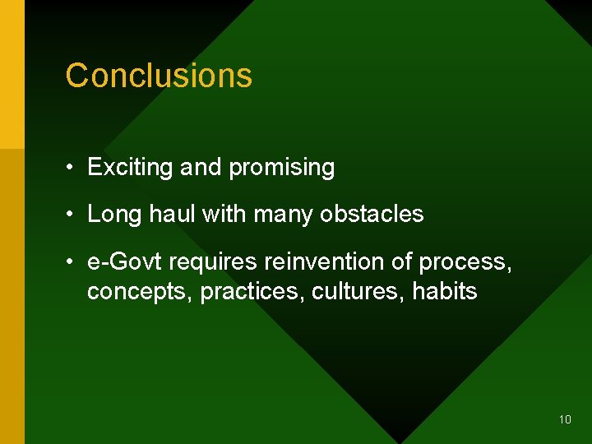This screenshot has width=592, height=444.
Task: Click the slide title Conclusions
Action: (x=159, y=76)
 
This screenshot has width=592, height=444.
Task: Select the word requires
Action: (x=212, y=262)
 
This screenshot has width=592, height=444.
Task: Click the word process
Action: (x=465, y=262)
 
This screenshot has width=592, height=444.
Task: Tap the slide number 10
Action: (x=565, y=419)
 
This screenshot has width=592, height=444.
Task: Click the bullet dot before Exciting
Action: (x=72, y=169)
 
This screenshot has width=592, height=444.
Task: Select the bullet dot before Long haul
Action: (x=72, y=215)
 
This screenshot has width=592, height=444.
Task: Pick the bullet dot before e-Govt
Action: (x=72, y=263)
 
